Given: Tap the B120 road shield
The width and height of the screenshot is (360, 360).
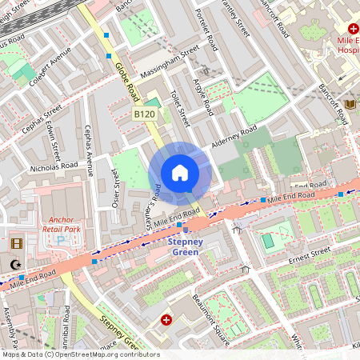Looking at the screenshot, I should [144, 115].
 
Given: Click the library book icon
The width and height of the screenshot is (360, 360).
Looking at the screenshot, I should [350, 104].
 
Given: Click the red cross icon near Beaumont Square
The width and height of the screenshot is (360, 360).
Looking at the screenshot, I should [166, 320].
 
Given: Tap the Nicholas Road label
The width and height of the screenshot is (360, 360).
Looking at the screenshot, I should [54, 167].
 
